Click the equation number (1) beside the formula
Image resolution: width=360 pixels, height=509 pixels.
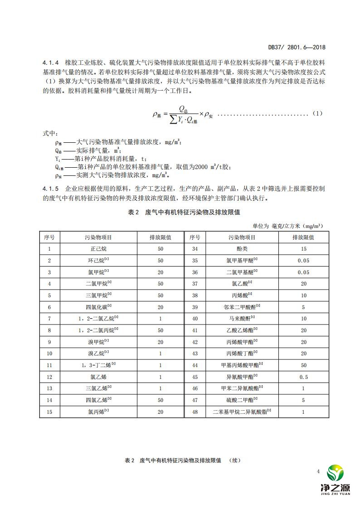(x=317, y=113)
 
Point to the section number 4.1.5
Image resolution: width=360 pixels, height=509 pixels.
(x=49, y=188)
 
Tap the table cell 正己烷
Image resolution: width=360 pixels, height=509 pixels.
(x=98, y=248)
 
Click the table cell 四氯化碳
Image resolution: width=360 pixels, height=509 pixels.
(x=98, y=307)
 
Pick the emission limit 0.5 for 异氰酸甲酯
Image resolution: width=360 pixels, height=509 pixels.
(x=303, y=377)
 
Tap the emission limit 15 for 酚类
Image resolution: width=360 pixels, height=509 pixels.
(x=303, y=248)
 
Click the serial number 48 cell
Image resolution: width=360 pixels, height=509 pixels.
(x=195, y=412)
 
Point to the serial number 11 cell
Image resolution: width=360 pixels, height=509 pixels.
(x=49, y=365)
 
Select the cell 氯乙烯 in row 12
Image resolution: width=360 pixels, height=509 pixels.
(x=98, y=377)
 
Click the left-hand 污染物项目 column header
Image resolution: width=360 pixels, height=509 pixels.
(x=98, y=237)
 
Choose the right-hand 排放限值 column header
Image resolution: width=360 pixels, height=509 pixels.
(x=303, y=237)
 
